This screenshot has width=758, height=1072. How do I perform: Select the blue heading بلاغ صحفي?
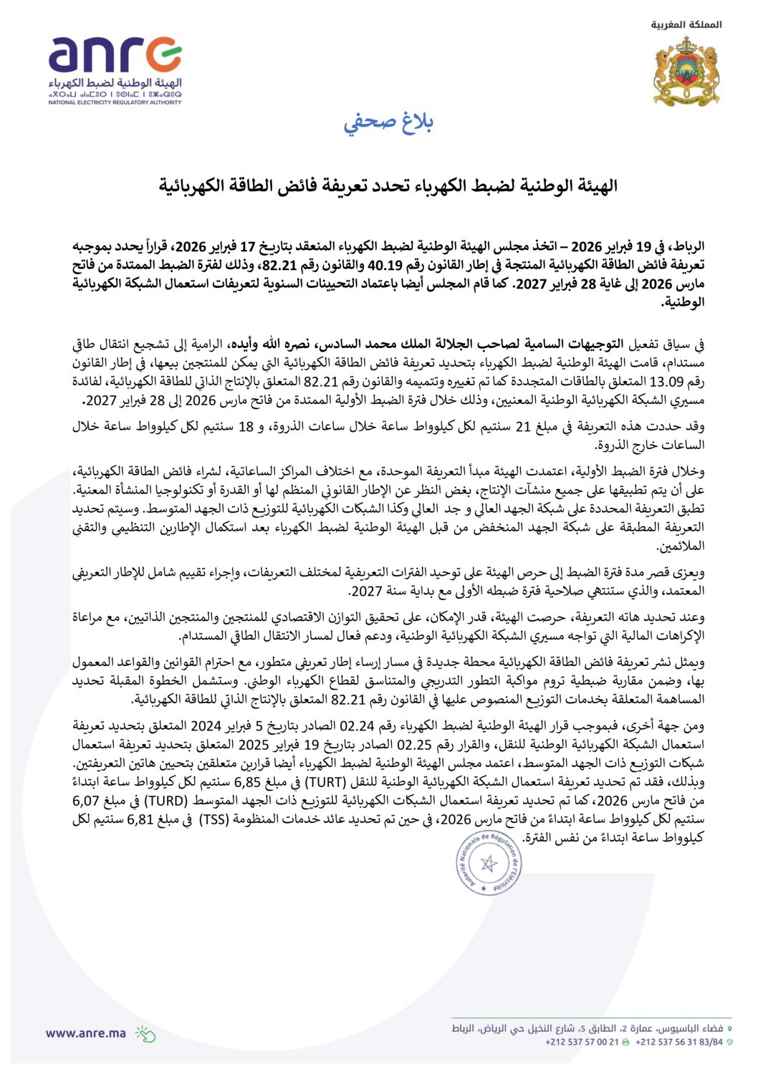pyautogui.click(x=388, y=122)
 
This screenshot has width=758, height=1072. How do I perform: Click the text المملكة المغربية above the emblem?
pyautogui.click(x=686, y=25)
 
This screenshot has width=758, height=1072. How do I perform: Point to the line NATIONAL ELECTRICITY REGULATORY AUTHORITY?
pyautogui.click(x=115, y=102)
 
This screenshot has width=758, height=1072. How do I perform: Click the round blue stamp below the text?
pyautogui.click(x=489, y=863)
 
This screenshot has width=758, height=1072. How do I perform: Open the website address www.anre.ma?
pyautogui.click(x=85, y=1033)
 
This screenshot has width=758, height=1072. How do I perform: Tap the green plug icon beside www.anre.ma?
pyautogui.click(x=145, y=1033)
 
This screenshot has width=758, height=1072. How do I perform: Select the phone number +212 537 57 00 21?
pyautogui.click(x=581, y=1042)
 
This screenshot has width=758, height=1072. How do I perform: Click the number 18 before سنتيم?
pyautogui.click(x=245, y=428)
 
